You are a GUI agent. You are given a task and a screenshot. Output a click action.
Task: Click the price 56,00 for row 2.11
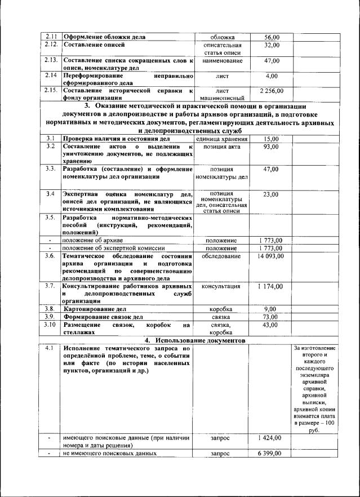(x=272, y=37)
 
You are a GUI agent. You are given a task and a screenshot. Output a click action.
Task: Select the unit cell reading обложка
(x=222, y=37)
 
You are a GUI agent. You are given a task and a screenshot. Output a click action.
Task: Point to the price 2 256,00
(x=272, y=90)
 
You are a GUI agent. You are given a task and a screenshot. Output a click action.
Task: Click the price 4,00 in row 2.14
(x=272, y=76)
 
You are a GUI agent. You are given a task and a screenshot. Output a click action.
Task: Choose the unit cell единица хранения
(x=222, y=139)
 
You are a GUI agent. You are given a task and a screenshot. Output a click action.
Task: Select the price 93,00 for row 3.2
(x=272, y=147)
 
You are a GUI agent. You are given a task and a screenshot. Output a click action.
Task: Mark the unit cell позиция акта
(x=222, y=147)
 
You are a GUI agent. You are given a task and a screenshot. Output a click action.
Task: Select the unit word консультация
(x=222, y=286)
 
